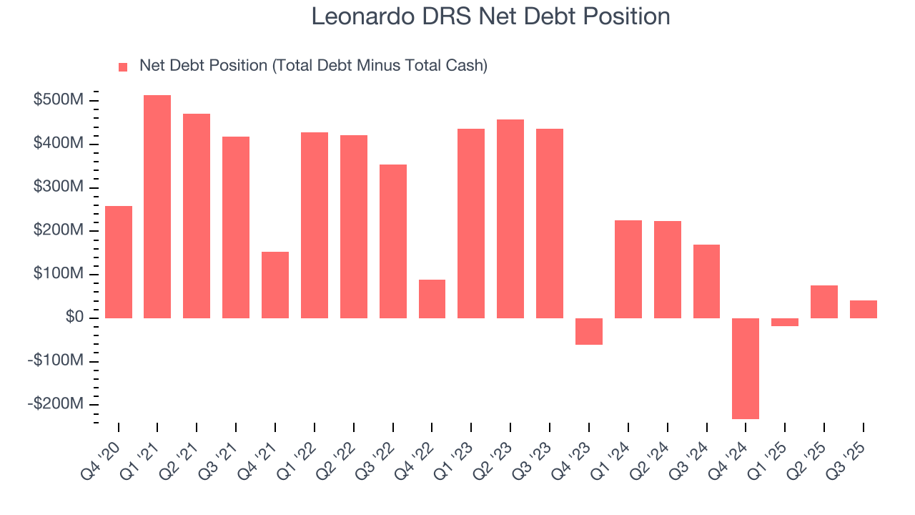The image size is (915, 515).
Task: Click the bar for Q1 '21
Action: tap(157, 207)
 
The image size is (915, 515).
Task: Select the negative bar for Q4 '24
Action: tap(746, 368)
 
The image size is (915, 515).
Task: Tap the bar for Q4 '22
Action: tap(432, 299)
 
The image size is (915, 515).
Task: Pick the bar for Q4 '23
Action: tap(589, 331)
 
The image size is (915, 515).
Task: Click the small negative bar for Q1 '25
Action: tap(785, 323)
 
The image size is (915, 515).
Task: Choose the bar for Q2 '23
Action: tap(510, 219)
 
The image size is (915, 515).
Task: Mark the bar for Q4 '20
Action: tap(118, 262)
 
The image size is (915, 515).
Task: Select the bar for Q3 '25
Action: tap(864, 309)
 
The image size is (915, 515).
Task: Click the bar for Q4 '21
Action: tap(275, 285)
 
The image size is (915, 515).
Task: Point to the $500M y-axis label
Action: tap(58, 100)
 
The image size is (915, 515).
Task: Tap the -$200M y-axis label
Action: tap(55, 404)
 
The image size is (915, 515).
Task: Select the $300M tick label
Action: tap(58, 187)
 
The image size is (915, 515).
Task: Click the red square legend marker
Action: tap(123, 67)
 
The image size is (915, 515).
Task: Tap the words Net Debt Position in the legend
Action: tap(204, 66)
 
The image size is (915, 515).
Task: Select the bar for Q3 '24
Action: tap(706, 281)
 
